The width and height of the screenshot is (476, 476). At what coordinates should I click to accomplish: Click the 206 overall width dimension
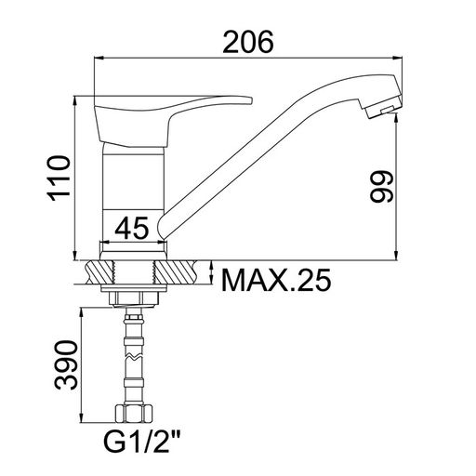(248, 42)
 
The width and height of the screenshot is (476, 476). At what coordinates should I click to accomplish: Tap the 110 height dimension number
(59, 178)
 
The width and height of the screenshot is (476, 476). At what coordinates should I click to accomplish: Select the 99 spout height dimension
(382, 187)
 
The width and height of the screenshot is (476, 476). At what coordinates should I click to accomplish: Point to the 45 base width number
(132, 228)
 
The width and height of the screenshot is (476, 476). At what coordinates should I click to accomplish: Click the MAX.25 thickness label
(277, 280)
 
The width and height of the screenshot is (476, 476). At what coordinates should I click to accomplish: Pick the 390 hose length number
(65, 364)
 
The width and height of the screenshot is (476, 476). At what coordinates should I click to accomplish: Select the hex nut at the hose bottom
(134, 414)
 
